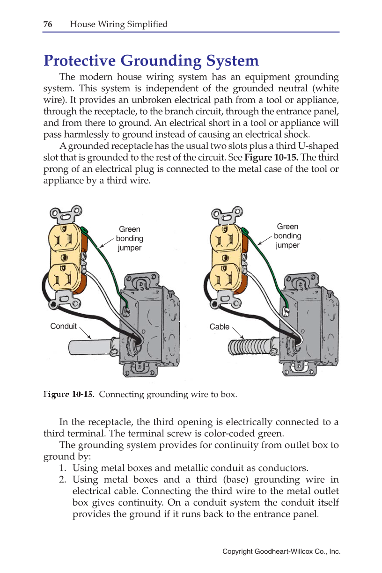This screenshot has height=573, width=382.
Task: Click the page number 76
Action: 48,24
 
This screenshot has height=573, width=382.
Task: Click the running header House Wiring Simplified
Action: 118,24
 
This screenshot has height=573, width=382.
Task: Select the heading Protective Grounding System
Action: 151,61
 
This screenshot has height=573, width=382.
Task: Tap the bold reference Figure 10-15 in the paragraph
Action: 272,157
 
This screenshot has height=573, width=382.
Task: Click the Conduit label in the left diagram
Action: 63,326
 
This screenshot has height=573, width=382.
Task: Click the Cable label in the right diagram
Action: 219,326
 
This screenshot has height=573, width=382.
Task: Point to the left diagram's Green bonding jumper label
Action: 129,238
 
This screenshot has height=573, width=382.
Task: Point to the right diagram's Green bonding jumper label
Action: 287,236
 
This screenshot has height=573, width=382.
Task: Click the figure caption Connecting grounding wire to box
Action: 168,394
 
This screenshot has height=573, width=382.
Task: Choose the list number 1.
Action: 62,468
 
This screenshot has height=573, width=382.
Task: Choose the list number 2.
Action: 62,480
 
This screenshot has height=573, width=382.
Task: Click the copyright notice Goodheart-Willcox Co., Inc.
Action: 281,552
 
